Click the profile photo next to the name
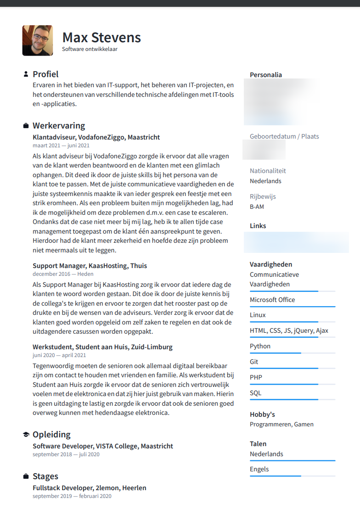click(x=37, y=40)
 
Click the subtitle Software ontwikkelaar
click(x=90, y=49)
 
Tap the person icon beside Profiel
click(x=26, y=74)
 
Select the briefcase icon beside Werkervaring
click(x=26, y=126)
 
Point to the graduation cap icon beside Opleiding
click(x=26, y=435)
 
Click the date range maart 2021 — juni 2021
click(x=61, y=145)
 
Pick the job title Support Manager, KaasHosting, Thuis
click(x=90, y=266)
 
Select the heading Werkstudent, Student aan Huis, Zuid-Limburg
click(x=102, y=347)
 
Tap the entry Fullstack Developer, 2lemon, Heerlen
click(x=90, y=488)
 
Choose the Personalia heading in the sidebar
click(x=266, y=75)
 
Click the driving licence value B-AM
click(x=257, y=207)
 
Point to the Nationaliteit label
click(x=268, y=171)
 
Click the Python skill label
click(x=260, y=346)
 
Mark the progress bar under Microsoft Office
click(x=292, y=307)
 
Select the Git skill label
click(x=254, y=362)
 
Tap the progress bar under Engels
click(x=292, y=476)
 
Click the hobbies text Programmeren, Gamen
click(x=281, y=425)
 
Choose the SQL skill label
click(x=255, y=393)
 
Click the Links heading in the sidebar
click(x=258, y=226)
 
